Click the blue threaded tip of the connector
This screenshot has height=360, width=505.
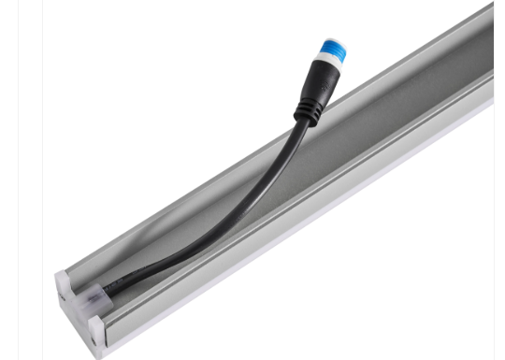(334, 50)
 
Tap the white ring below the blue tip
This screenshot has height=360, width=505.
(328, 64)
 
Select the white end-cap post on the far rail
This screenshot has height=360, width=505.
(63, 281)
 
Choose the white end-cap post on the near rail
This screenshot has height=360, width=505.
(97, 328)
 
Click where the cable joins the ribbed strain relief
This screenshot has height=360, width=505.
(304, 124)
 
